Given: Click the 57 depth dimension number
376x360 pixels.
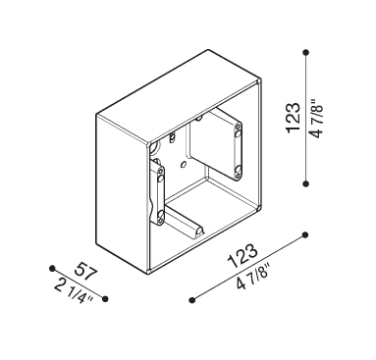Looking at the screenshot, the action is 86,271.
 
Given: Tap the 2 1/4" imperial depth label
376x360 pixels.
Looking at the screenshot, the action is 74,291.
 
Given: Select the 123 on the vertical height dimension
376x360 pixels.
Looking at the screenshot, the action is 293,118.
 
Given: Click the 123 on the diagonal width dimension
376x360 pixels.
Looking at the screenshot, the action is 242,256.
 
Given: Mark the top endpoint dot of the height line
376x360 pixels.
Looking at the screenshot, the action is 306,52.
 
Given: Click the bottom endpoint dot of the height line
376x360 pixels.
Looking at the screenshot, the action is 306,183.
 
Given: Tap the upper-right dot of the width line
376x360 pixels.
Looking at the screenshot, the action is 305,234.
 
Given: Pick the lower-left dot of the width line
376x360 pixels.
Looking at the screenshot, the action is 192,299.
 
